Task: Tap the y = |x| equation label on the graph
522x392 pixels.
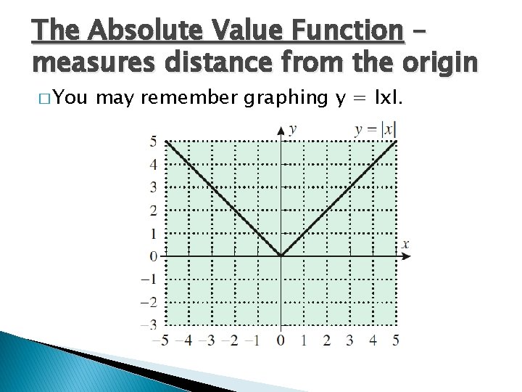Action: click(x=375, y=129)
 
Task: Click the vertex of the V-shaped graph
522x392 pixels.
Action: click(x=281, y=256)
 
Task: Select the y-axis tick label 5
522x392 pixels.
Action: click(x=153, y=142)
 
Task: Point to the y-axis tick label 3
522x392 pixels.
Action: click(x=153, y=187)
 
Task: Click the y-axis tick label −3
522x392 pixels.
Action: click(x=149, y=324)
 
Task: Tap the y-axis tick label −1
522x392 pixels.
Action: click(x=149, y=279)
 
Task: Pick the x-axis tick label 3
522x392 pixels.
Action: click(x=349, y=340)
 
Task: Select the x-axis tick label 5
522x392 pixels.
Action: click(x=395, y=340)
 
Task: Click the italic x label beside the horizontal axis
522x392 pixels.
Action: click(x=405, y=244)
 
